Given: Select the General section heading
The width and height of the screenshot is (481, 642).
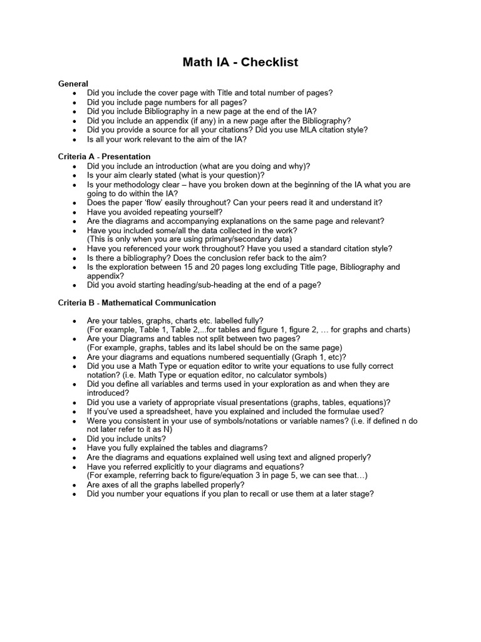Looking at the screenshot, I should (73, 83).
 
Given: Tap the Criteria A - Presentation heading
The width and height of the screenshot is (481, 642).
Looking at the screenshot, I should (104, 156).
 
